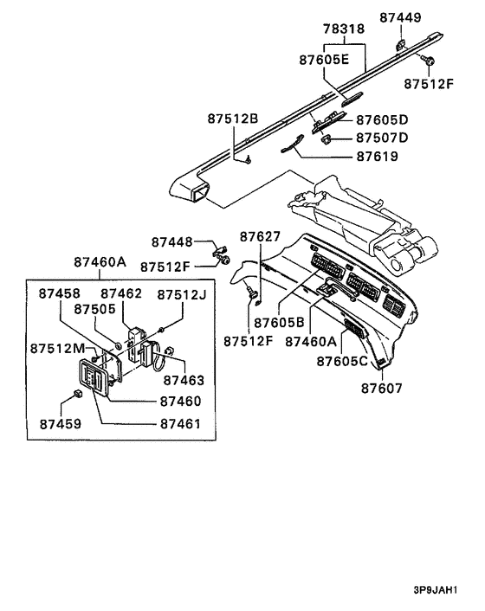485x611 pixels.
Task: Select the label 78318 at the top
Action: [344, 29]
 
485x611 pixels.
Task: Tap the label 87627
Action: [261, 236]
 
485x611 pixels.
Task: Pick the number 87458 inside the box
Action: [59, 294]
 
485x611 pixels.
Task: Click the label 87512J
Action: [182, 294]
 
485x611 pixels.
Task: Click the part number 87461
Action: [180, 424]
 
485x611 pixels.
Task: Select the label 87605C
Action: [342, 361]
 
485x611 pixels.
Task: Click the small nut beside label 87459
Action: [77, 394]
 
